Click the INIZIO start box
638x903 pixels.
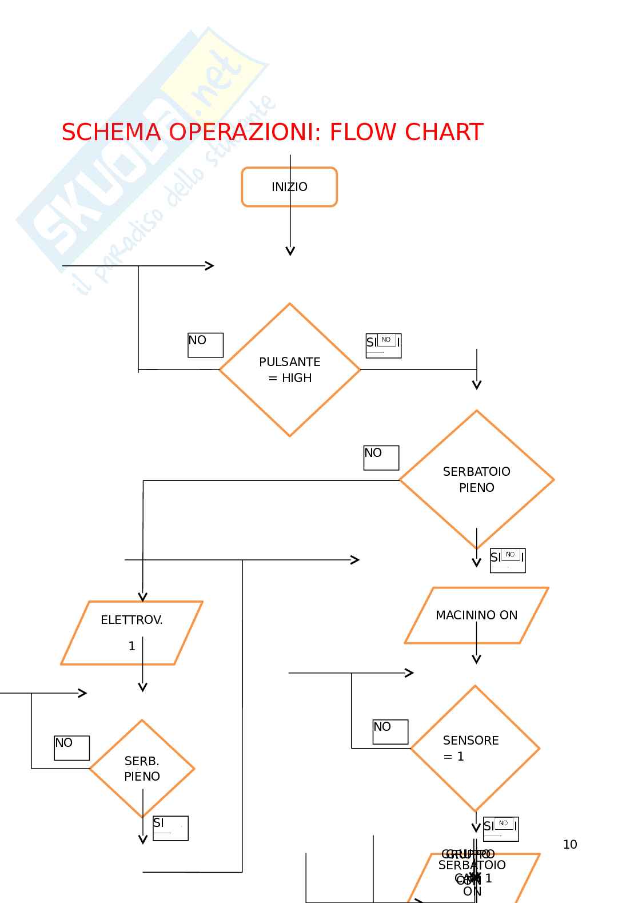[289, 186]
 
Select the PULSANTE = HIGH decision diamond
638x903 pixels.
[290, 369]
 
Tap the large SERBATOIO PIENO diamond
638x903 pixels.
[476, 479]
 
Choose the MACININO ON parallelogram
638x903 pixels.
[476, 615]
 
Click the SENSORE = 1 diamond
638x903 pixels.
[474, 748]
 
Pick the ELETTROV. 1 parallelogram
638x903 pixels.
[131, 633]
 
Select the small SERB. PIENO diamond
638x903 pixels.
[142, 768]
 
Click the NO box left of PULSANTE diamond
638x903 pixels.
[205, 345]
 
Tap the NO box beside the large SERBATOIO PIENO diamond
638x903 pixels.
[381, 458]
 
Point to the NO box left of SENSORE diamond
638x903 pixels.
[390, 731]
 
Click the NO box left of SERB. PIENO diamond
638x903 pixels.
[71, 747]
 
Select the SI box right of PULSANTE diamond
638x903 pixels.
[383, 345]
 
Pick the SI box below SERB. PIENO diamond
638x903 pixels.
[170, 828]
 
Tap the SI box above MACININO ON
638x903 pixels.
[507, 560]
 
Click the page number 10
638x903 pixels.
[569, 844]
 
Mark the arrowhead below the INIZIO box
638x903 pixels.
[290, 251]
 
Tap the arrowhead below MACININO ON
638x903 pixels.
[476, 659]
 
